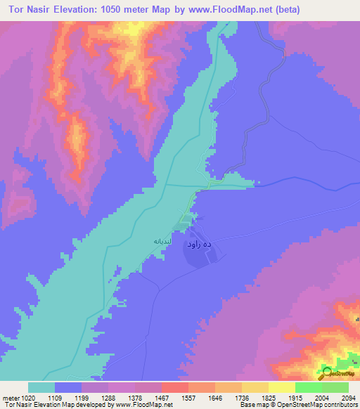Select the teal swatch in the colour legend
(x=41, y=387)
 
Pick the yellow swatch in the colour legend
(x=281, y=387)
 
